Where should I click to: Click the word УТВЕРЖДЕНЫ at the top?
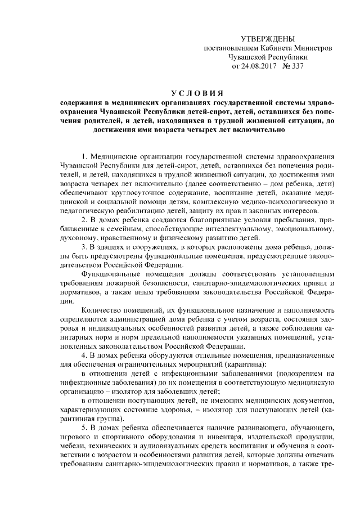[x=267, y=39]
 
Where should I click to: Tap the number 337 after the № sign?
[x=296, y=66]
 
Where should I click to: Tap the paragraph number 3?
[x=83, y=247]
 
